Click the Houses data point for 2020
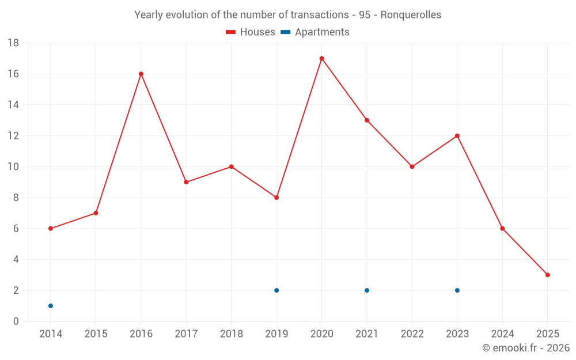pos(321,58)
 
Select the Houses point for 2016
pos(141,74)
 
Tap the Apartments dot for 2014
pos(51,306)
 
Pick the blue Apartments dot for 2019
pos(276,290)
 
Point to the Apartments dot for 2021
pos(367,290)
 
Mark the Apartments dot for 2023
pos(457,290)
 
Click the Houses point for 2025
pos(548,275)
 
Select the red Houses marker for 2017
pos(186,182)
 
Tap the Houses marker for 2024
pos(502,229)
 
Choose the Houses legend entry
pos(251,32)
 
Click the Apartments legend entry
pos(315,32)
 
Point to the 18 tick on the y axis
pos(13,43)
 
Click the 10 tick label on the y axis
pos(13,167)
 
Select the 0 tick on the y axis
pos(16,321)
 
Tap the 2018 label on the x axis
pos(231,334)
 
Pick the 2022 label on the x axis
pos(412,334)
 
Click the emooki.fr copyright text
pos(526,348)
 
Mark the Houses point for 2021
pos(367,120)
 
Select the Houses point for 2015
pos(96,213)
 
